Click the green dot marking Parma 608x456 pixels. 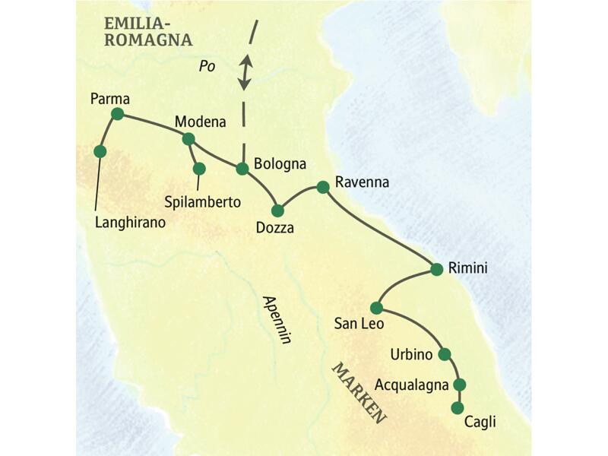tap(117, 114)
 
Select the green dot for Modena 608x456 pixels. tap(188, 138)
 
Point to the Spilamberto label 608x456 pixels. tap(202, 202)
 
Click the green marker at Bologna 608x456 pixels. tap(242, 169)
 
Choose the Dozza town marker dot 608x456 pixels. tap(277, 211)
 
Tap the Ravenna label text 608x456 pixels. tap(362, 183)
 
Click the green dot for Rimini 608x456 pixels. tap(437, 269)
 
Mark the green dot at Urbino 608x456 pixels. tap(445, 353)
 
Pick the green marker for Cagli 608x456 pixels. tap(457, 408)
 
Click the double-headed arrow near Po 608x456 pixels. tap(245, 71)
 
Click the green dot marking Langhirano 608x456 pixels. tap(100, 151)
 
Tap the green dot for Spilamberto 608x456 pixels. tap(198, 169)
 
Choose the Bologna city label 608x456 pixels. tap(280, 163)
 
